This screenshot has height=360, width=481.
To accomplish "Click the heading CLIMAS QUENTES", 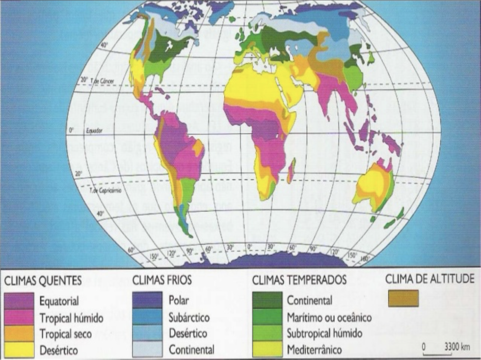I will coord(43,281).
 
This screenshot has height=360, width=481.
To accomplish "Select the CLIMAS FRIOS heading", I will coord(162,281).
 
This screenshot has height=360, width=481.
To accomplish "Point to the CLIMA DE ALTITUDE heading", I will coord(430,279).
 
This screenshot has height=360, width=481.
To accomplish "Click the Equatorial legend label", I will coord(59,301).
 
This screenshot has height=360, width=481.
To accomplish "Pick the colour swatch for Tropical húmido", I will coord(19,317).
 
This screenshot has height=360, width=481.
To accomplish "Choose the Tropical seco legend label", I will coord(66,334).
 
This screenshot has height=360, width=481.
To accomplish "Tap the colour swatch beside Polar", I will coord(147,300).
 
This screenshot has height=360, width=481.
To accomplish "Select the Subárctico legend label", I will coord(189,317).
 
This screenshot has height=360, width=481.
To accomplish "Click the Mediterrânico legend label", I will coord(314,350).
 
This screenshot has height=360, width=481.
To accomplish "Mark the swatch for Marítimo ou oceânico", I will coord(267,317).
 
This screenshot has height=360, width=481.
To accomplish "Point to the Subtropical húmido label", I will coord(324,334).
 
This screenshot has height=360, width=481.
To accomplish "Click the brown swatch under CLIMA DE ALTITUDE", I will coord(403,298).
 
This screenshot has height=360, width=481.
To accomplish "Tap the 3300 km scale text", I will coord(457,347).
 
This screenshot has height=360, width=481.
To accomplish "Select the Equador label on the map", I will coord(93,131).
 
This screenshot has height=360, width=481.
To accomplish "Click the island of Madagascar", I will coord(291,171).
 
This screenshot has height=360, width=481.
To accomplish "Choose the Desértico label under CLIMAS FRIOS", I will coord(188,334).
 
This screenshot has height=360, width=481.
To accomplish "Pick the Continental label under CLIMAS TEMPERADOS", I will coord(309,301).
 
